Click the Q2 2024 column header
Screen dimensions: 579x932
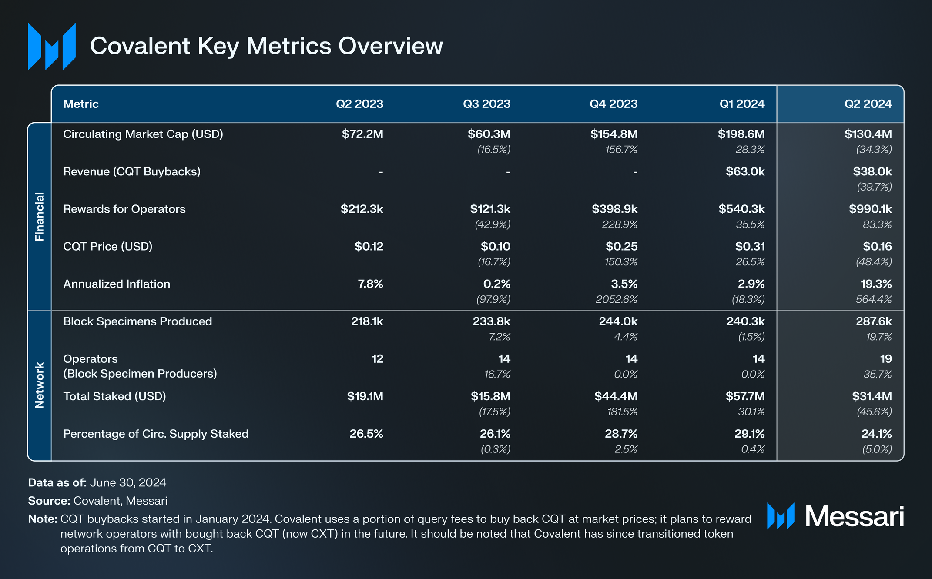pos(868,104)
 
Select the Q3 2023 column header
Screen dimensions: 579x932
pos(486,104)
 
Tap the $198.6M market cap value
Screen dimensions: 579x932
pos(741,134)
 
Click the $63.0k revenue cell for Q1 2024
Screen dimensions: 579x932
pos(745,171)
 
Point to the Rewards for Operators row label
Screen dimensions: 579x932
pos(124,209)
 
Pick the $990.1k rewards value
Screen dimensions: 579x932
pos(870,209)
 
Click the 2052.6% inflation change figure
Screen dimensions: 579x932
pos(616,299)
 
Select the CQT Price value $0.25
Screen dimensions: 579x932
pos(621,247)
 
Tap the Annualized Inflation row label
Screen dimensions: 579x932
pos(117,284)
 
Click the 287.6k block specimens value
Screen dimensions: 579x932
pos(873,321)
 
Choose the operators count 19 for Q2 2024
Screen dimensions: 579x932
pos(885,359)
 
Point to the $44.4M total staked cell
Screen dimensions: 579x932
pos(616,396)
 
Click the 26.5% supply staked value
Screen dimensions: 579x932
pos(366,434)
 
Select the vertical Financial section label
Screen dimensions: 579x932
pos(40,217)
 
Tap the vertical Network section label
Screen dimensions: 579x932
pos(40,385)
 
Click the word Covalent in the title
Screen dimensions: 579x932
pos(140,46)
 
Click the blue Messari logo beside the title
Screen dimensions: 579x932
pos(52,47)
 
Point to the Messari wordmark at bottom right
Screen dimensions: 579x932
pos(854,517)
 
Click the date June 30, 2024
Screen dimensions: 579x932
pos(128,482)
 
